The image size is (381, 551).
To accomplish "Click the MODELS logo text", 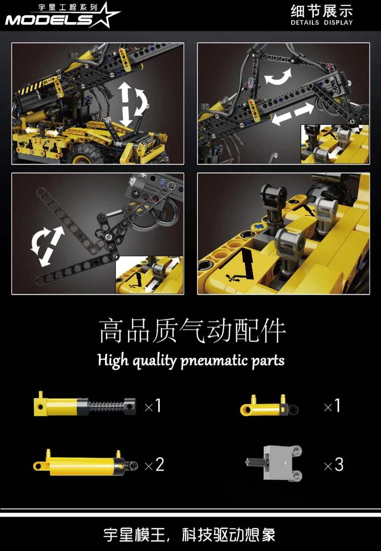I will pyautogui.click(x=48, y=20).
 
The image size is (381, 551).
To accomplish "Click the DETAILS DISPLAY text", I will pyautogui.click(x=322, y=23).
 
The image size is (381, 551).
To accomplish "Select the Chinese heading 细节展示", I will pyautogui.click(x=322, y=11).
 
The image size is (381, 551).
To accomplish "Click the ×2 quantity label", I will pyautogui.click(x=154, y=465).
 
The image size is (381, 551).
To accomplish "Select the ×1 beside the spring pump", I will pyautogui.click(x=153, y=406).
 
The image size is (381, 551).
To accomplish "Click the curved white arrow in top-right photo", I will pyautogui.click(x=278, y=76).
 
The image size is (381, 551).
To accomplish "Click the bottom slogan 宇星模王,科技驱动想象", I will pyautogui.click(x=190, y=535).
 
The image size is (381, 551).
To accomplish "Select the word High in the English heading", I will pyautogui.click(x=113, y=360).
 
